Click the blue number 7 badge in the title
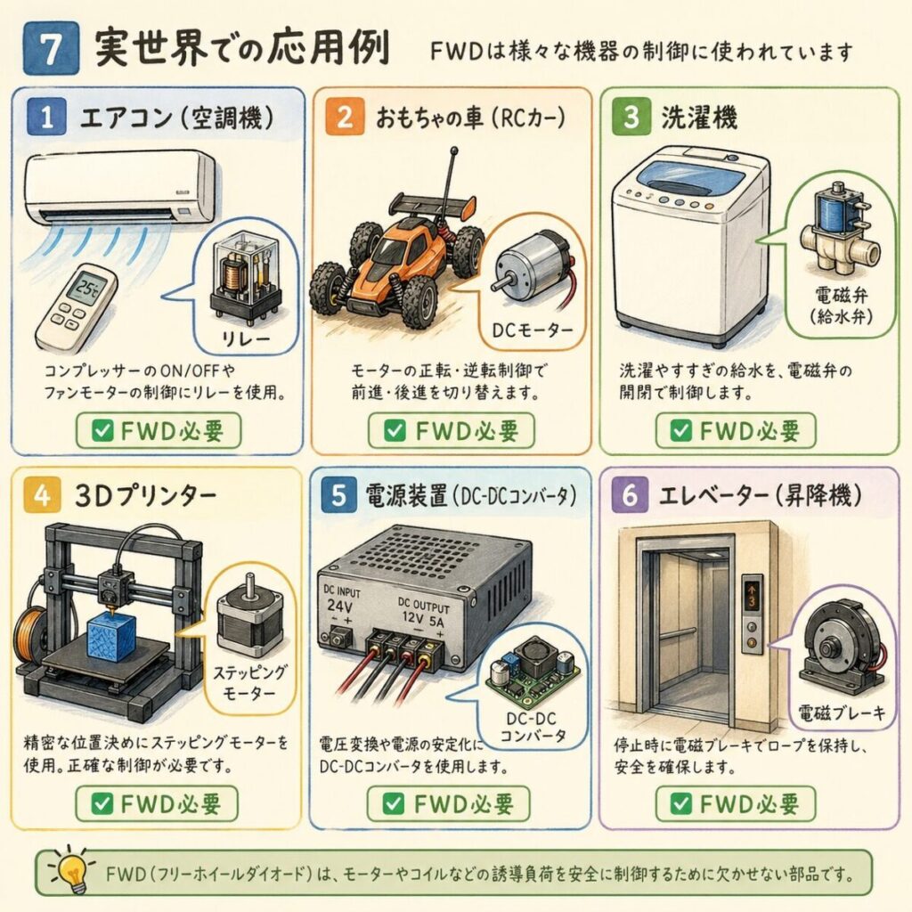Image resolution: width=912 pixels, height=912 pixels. click(51, 48)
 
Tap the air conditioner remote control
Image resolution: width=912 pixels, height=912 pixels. click(76, 306)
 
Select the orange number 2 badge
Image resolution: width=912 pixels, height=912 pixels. click(345, 117)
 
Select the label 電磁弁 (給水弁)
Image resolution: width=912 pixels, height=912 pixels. click(842, 305)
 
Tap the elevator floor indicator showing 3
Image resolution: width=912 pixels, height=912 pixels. click(752, 596)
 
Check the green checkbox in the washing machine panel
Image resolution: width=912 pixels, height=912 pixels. click(680, 431)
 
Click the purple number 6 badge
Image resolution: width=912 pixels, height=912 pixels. click(630, 495)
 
